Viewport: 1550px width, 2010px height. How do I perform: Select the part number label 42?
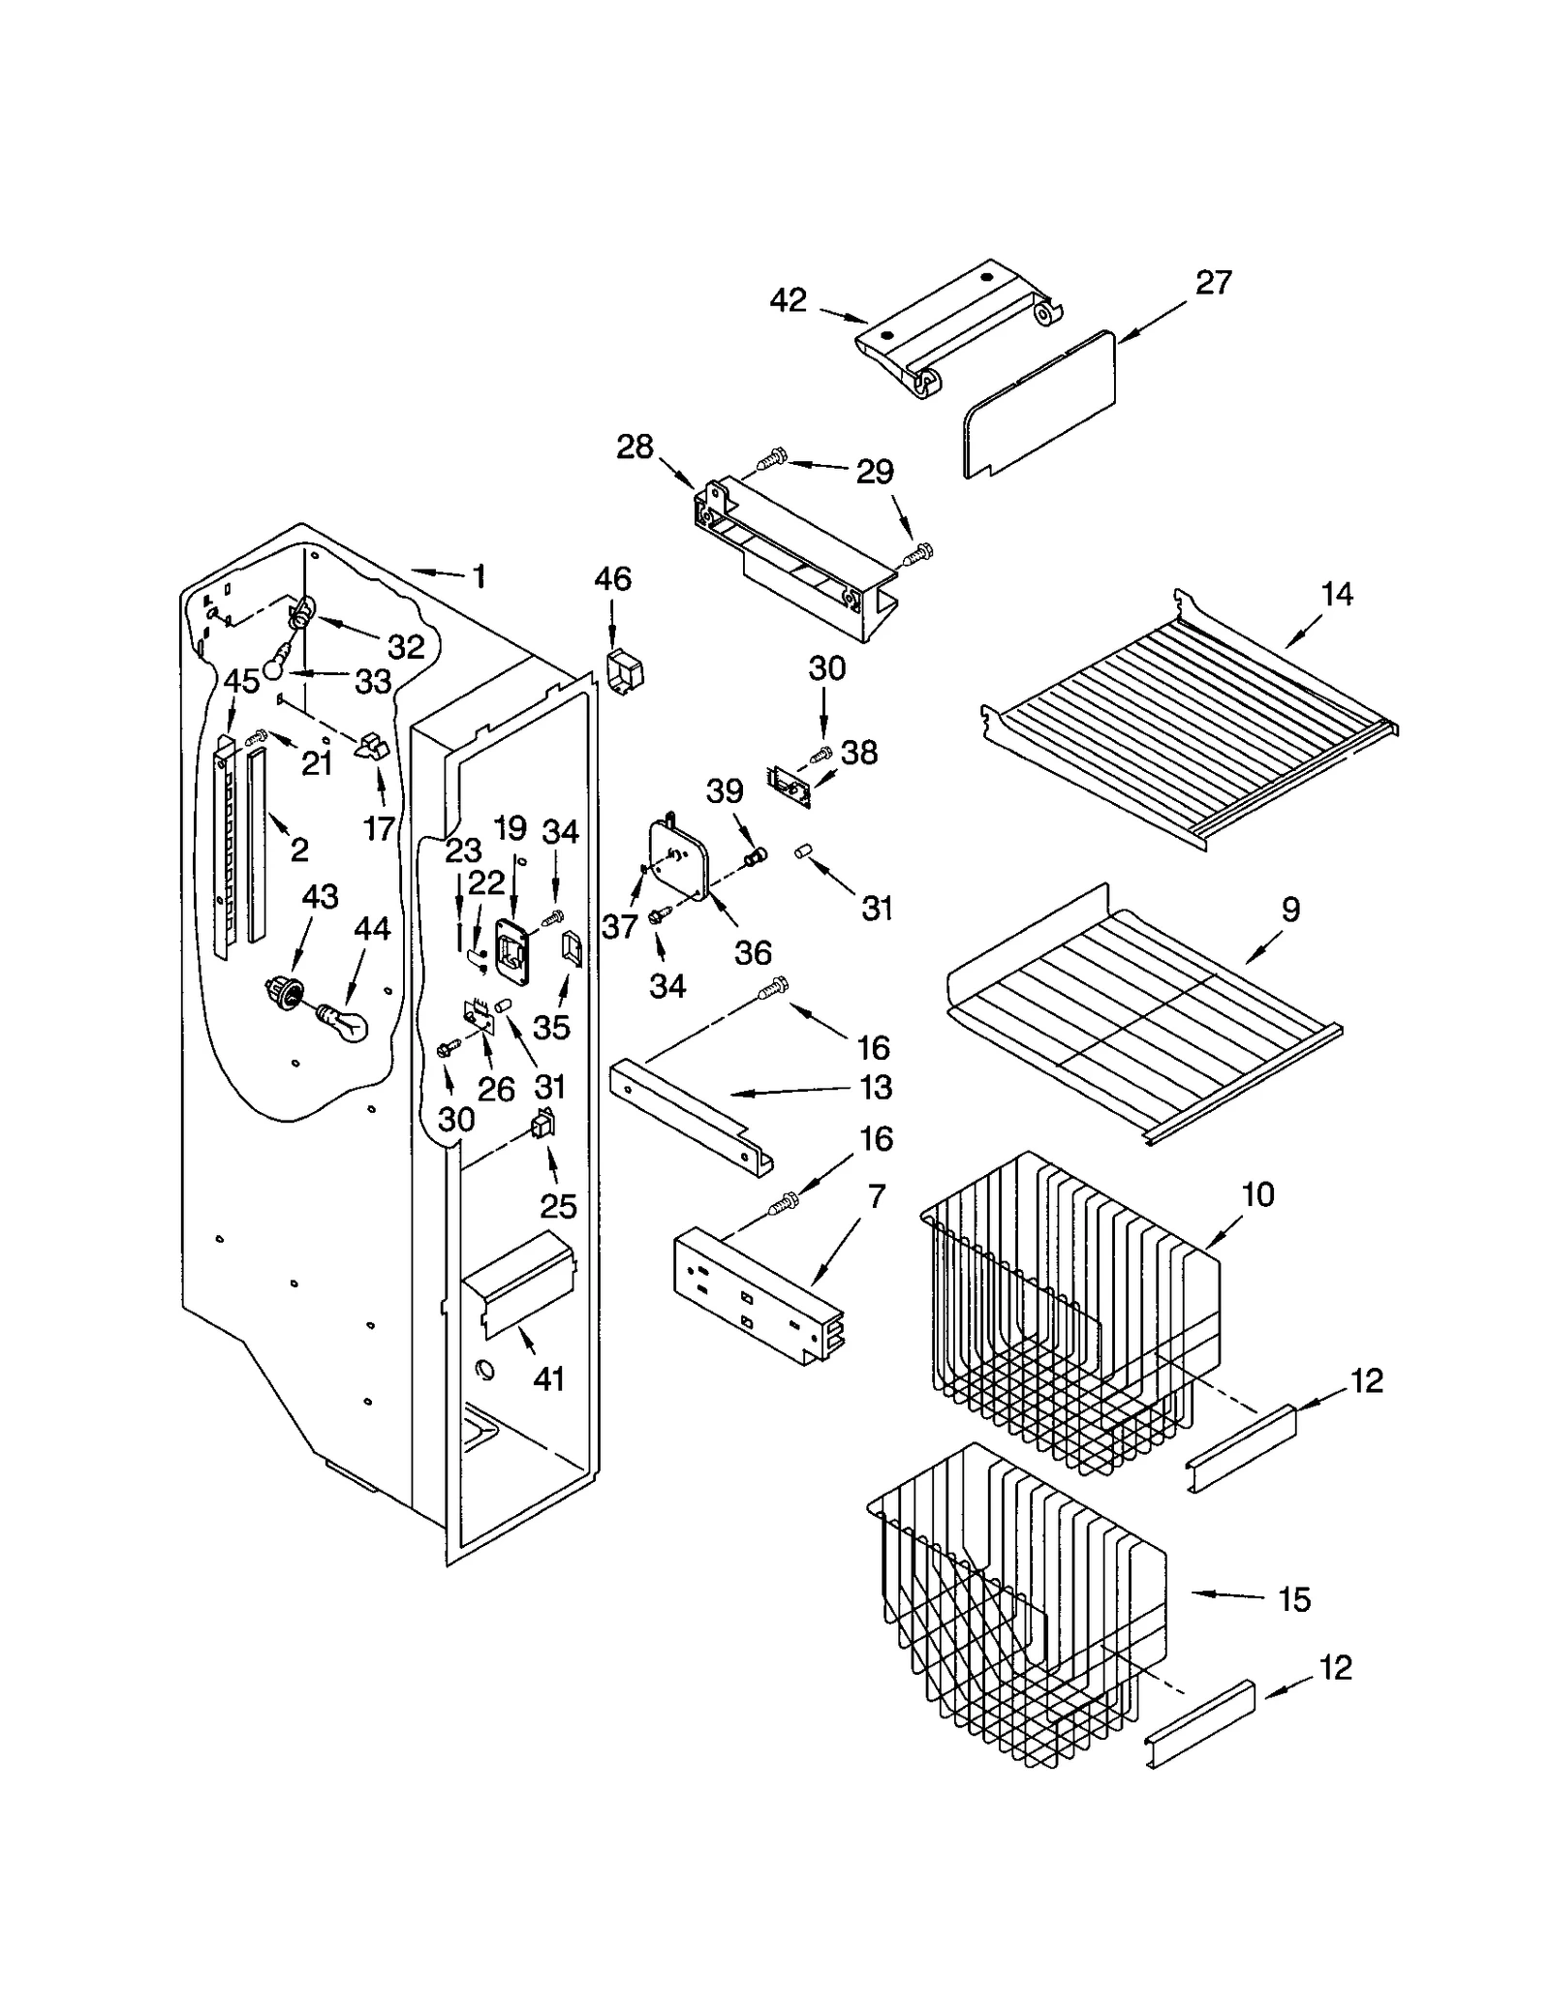[x=788, y=300]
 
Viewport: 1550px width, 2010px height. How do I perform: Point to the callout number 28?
[x=635, y=448]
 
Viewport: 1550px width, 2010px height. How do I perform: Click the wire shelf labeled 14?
[x=1192, y=722]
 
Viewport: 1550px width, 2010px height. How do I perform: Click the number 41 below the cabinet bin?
[x=548, y=1377]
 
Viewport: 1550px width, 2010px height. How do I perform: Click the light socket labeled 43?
[x=284, y=991]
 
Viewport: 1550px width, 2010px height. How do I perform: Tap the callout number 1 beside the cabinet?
[x=478, y=577]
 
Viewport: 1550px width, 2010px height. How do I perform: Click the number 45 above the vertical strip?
[x=241, y=681]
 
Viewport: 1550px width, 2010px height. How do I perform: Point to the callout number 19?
[x=510, y=828]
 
